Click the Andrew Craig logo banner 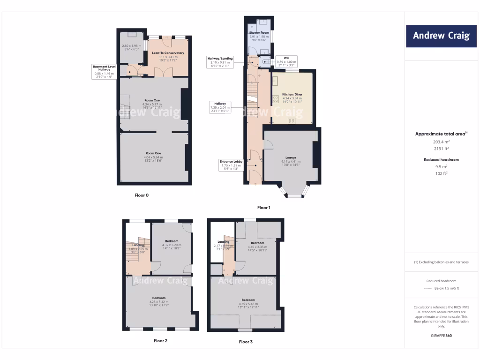[x=441, y=36]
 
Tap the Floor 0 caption [x=141, y=195]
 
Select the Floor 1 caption [x=264, y=207]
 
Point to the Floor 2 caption [x=160, y=341]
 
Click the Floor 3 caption [x=246, y=342]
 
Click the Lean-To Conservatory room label [x=168, y=53]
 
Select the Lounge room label [x=291, y=157]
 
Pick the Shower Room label [x=259, y=32]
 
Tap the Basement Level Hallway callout [x=104, y=72]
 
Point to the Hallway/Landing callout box [x=219, y=62]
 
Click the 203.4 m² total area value [x=441, y=141]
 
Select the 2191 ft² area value [x=441, y=148]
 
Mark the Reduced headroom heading [x=441, y=160]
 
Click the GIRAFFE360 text [x=441, y=336]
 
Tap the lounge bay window [x=294, y=192]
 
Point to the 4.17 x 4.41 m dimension [x=291, y=162]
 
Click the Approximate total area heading [x=441, y=134]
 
